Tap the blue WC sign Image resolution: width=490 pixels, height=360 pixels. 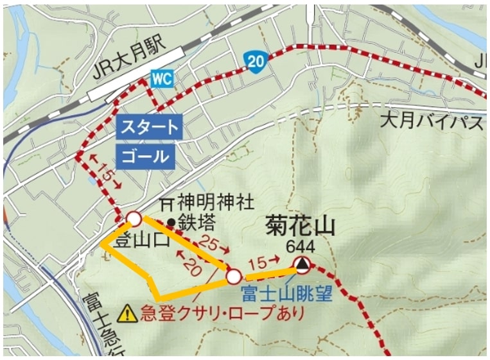click(162, 78)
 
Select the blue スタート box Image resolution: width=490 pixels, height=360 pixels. click(150, 127)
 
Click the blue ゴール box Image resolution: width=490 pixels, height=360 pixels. click(146, 156)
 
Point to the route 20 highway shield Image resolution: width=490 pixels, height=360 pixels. click(254, 61)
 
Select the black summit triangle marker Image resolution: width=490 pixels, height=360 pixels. click(302, 264)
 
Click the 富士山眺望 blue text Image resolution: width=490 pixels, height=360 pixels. click(286, 295)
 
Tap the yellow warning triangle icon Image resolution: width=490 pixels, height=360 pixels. click(128, 313)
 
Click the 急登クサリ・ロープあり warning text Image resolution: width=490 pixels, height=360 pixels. click(221, 314)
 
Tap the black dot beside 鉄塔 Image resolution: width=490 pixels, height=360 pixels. click(171, 223)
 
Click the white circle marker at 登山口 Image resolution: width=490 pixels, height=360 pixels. click(134, 219)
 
